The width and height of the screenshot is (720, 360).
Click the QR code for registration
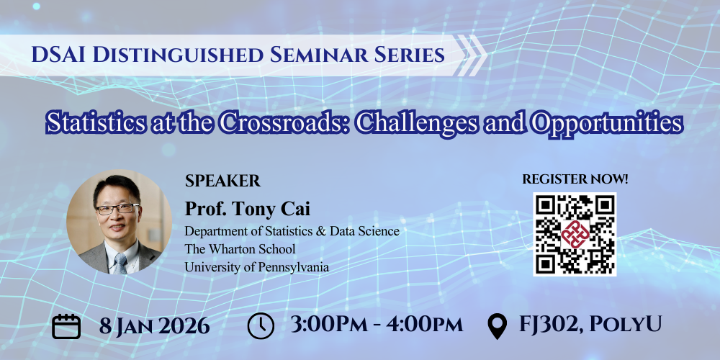coord(574,233)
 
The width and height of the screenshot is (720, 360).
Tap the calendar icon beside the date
coord(67,325)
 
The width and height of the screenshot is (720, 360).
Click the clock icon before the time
coord(261,325)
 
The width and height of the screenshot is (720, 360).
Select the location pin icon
coord(496,326)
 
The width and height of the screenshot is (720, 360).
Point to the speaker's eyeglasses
coord(115,209)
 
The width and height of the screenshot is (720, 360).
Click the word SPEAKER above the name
coord(222,181)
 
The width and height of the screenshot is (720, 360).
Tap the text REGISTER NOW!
coord(575,179)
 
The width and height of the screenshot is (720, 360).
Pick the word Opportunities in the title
coord(606,122)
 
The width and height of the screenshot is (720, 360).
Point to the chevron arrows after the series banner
coord(472,54)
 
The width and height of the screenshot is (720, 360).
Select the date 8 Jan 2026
coord(154,325)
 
